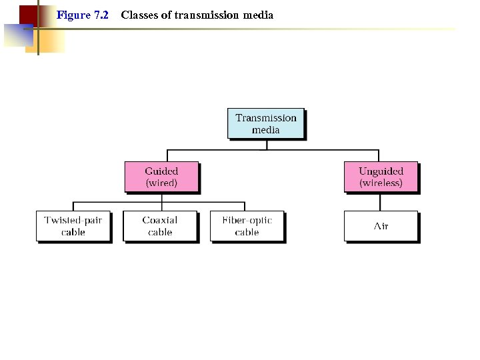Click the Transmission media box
point(265,123)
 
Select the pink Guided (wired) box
point(161,177)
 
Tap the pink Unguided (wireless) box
point(381,177)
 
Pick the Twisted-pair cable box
point(73,226)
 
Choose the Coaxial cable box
point(160,226)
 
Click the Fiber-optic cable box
point(247,226)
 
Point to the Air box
point(381,226)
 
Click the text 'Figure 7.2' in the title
point(83,15)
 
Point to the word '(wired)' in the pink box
point(161,183)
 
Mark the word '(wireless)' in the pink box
point(381,183)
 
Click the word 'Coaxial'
point(160,220)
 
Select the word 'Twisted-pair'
point(73,220)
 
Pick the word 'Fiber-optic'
point(247,220)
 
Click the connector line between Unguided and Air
point(381,202)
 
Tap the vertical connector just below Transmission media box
point(266,144)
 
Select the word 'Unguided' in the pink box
point(381,171)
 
